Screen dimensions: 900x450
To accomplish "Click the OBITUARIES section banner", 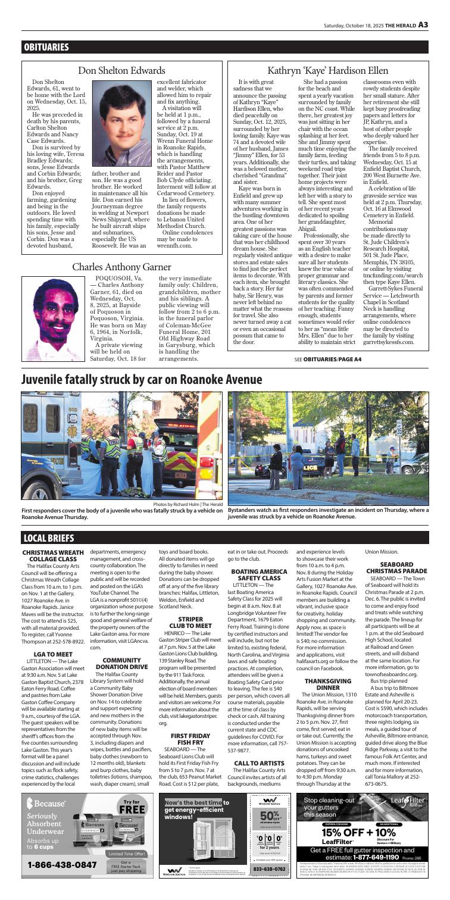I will click(x=48, y=46).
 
